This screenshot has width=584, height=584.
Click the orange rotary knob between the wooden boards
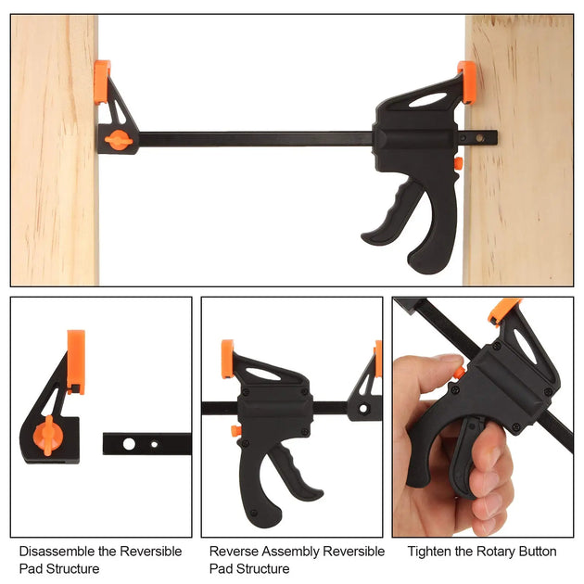click(x=118, y=141)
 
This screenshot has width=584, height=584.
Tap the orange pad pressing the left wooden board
click(x=101, y=83)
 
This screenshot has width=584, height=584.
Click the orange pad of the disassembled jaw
click(x=75, y=360)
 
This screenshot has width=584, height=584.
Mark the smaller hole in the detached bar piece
click(x=154, y=443)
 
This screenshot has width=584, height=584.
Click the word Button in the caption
click(x=539, y=552)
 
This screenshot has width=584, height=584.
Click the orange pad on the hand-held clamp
click(x=505, y=309)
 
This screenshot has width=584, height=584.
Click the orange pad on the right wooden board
click(x=467, y=81)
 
